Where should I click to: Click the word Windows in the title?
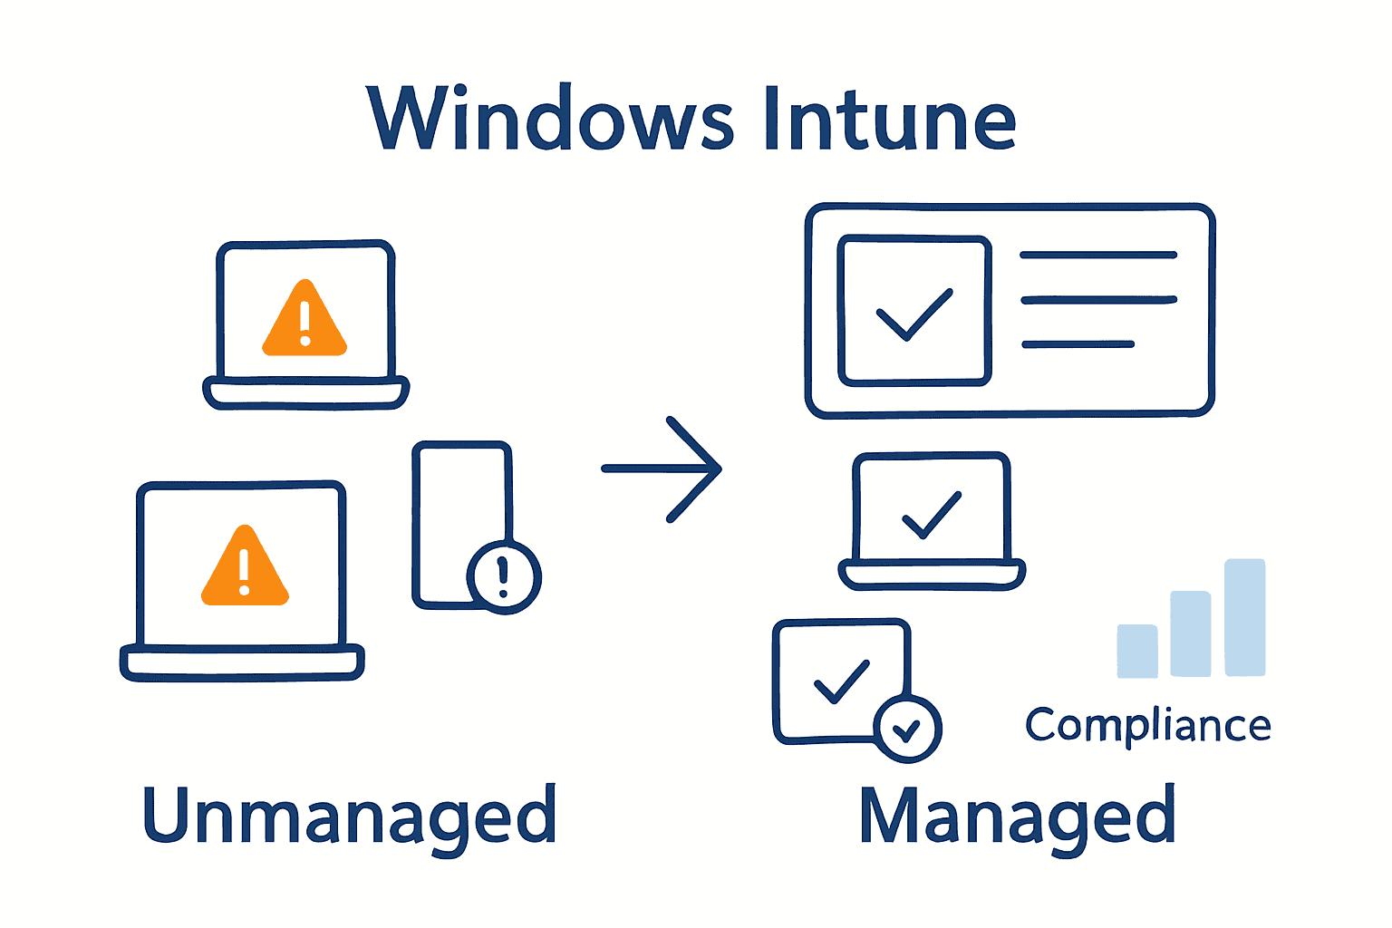[x=549, y=120]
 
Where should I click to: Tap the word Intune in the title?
[x=889, y=120]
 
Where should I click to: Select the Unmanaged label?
[x=349, y=816]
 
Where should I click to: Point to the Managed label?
[x=1017, y=816]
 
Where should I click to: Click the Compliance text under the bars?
[x=1147, y=725]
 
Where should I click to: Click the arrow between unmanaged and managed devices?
[x=662, y=469]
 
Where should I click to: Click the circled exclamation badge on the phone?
[x=504, y=576]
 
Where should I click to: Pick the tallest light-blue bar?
[x=1244, y=617]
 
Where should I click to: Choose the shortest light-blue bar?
[x=1137, y=651]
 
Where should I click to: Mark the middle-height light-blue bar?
[x=1191, y=633]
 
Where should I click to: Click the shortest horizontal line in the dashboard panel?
[x=1078, y=344]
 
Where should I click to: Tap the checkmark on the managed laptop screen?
[x=932, y=514]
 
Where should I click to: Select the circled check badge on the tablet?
[x=907, y=729]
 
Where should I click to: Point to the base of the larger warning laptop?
[x=242, y=662]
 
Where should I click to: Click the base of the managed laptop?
[x=932, y=575]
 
